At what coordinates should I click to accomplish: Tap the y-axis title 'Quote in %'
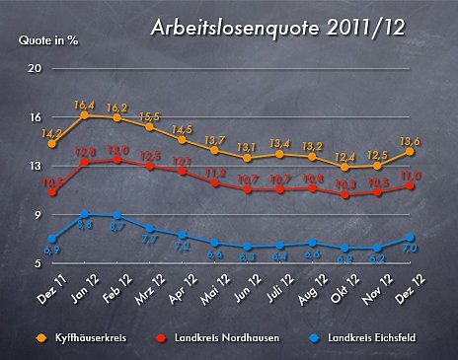pyautogui.click(x=48, y=40)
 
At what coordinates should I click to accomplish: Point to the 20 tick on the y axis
pyautogui.click(x=35, y=68)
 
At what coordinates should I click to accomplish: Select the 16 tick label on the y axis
pyautogui.click(x=35, y=116)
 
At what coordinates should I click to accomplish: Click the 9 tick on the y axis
pyautogui.click(x=38, y=215)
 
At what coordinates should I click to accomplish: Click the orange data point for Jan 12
pyautogui.click(x=85, y=115)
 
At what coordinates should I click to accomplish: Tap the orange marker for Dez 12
pyautogui.click(x=409, y=151)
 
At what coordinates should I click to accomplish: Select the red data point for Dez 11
pyautogui.click(x=52, y=191)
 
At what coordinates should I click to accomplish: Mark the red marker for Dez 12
pyautogui.click(x=409, y=185)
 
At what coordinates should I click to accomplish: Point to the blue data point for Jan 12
pyautogui.click(x=85, y=214)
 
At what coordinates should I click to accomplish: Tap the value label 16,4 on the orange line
pyautogui.click(x=85, y=105)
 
